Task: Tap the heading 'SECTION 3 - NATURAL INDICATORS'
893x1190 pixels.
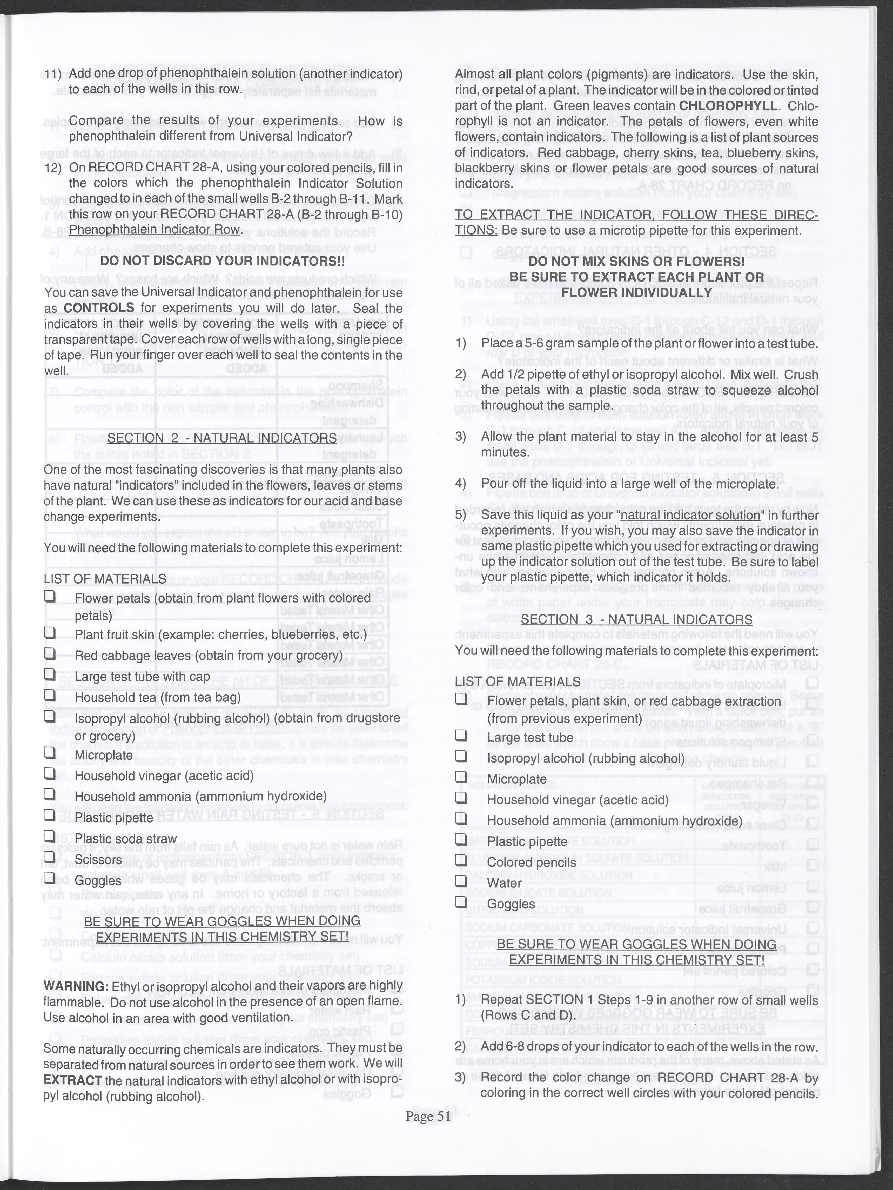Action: point(636,619)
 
